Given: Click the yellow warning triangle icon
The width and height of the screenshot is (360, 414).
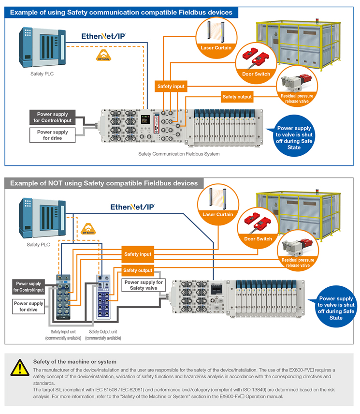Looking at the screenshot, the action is tap(20, 367).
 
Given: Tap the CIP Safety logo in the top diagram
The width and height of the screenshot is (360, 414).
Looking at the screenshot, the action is tap(103, 56).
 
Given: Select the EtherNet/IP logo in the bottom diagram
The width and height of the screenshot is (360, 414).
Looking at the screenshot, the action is tap(132, 207).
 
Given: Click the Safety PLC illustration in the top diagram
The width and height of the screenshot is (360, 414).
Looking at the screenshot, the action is tap(42, 47).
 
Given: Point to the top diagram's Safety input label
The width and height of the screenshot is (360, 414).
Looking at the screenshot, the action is tap(171, 87).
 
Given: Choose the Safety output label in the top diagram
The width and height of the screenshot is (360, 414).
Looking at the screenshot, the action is tap(237, 97).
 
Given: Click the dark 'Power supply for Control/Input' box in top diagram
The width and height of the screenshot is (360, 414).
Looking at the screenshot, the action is tap(53, 117).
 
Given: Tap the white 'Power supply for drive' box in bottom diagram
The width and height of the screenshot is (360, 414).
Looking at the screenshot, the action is tap(29, 307).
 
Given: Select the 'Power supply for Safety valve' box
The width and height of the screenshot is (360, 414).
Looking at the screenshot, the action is tap(144, 285).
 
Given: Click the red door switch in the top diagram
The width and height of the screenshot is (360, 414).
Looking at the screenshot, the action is tap(256, 58).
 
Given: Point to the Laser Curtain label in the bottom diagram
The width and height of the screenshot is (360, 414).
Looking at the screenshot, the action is tap(218, 214).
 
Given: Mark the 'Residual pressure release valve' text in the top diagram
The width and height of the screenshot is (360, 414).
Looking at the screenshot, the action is tap(297, 99).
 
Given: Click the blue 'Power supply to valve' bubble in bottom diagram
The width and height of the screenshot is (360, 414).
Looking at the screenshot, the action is tap(336, 307).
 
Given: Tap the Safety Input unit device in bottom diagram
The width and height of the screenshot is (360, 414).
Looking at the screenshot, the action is tap(63, 297).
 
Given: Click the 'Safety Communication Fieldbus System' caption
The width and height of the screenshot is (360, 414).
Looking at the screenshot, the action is tap(179, 154).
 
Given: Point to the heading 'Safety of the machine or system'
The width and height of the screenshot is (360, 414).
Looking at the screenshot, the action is tap(74, 362).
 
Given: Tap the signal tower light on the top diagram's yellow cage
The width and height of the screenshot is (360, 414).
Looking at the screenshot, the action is tap(317, 21).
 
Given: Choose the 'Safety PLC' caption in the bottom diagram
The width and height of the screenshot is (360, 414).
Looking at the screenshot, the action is tap(38, 245).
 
